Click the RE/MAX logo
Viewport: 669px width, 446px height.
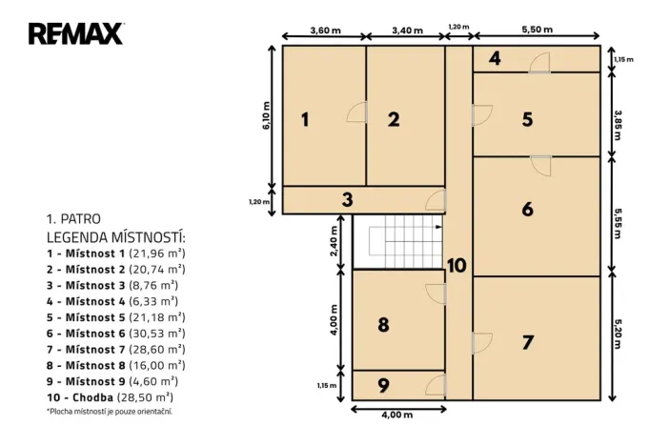76,33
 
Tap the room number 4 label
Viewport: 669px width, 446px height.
495,58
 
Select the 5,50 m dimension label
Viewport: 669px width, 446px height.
537,30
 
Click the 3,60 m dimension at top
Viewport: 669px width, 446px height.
325,30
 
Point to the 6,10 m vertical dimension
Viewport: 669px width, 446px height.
266,115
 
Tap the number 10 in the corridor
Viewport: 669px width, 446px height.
456,266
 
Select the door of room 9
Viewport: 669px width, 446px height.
436,385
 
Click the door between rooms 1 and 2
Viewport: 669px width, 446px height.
356,112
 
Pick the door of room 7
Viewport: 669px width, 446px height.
482,343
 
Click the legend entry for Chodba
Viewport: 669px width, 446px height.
111,397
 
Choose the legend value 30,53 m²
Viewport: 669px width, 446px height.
157,334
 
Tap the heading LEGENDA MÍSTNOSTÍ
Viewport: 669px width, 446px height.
116,237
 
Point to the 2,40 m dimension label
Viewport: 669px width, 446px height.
334,241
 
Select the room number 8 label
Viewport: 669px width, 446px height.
383,325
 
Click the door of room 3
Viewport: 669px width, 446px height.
436,200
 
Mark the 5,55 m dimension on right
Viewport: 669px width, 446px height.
618,223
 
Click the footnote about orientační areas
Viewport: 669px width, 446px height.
110,412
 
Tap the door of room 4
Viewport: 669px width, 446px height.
539,63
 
